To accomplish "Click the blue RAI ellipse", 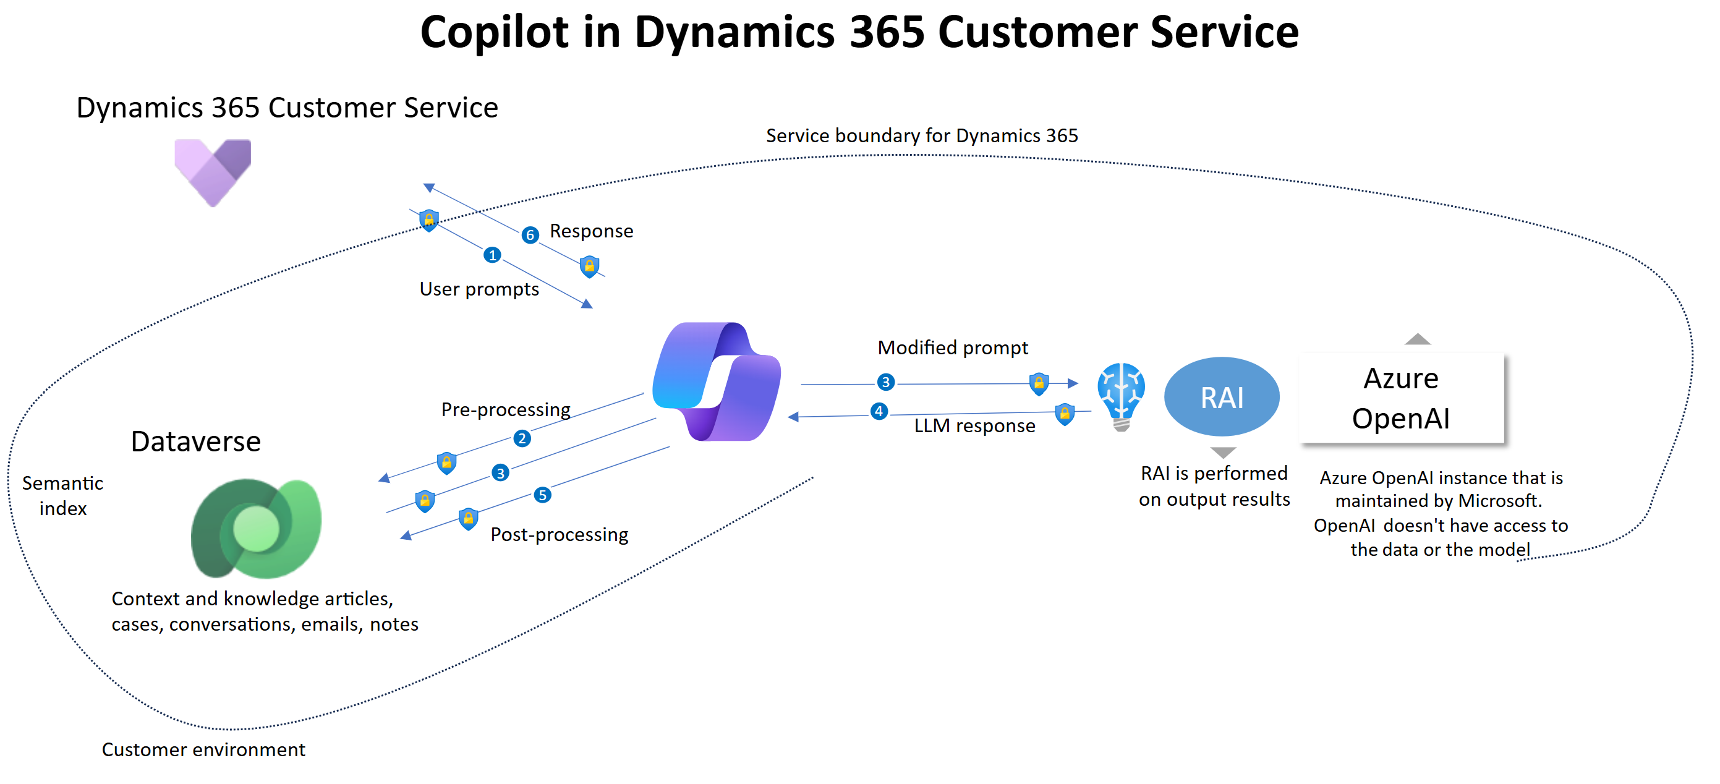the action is pyautogui.click(x=1221, y=397).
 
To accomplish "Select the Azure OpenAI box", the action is pyautogui.click(x=1402, y=398).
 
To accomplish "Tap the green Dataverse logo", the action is pyautogui.click(x=257, y=528).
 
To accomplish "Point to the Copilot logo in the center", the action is pyautogui.click(x=717, y=381).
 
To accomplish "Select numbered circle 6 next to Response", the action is pyautogui.click(x=530, y=235).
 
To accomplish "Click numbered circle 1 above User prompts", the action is pyautogui.click(x=492, y=255).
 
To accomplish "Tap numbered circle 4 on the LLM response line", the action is pyautogui.click(x=879, y=411).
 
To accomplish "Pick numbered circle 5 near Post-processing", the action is pyautogui.click(x=542, y=495).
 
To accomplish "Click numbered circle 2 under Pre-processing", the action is pyautogui.click(x=522, y=439).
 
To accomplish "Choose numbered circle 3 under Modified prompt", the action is pyautogui.click(x=885, y=382).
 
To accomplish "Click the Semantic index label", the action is pyautogui.click(x=63, y=495).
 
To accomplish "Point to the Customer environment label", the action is pyautogui.click(x=203, y=749).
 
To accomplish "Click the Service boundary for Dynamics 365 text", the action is pyautogui.click(x=921, y=135).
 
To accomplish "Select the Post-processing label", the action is pyautogui.click(x=560, y=535).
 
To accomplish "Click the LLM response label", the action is pyautogui.click(x=974, y=426).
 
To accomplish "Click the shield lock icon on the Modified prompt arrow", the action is pyautogui.click(x=1039, y=383).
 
